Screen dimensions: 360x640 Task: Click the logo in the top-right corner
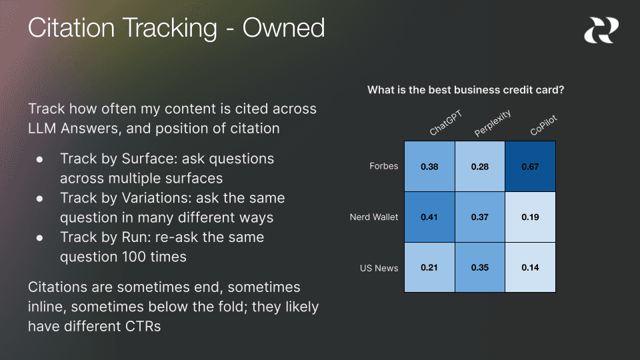point(601,31)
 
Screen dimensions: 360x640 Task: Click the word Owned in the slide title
point(283,28)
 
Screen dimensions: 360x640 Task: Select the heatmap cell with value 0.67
point(530,167)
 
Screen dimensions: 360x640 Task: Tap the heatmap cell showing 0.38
point(429,167)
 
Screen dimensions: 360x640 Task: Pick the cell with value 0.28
point(480,167)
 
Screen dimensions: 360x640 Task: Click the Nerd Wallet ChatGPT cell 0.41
point(429,217)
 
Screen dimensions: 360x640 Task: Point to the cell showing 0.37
point(480,217)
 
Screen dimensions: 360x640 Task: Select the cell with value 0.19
point(530,217)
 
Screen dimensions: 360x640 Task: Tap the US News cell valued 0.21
point(429,267)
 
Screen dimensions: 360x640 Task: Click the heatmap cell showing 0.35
point(480,267)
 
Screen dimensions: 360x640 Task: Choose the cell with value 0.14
point(530,267)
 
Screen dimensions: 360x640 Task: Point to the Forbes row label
point(384,166)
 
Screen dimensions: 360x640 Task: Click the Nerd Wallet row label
point(373,217)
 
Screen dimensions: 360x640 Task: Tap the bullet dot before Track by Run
point(39,237)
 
